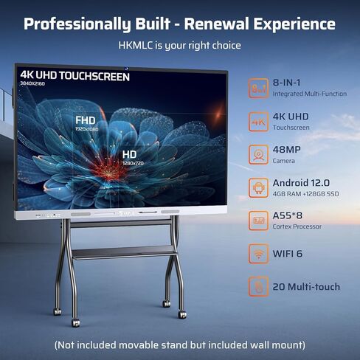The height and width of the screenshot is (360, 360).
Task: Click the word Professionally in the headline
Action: [77, 24]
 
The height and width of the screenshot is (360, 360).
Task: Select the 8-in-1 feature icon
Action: [258, 89]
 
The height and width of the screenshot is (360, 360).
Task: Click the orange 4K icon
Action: [258, 122]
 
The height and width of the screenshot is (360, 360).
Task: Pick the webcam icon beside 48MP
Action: [258, 155]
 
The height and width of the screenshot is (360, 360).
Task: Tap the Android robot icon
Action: [258, 188]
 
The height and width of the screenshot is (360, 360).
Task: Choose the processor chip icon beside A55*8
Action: [258, 221]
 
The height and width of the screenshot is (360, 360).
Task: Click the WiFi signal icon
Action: [258, 254]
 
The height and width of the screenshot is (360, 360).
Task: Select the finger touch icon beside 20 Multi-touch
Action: [258, 286]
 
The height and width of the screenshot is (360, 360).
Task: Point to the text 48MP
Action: [286, 150]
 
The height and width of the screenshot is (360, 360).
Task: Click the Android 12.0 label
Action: [301, 183]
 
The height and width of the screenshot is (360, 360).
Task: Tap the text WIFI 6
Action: [288, 254]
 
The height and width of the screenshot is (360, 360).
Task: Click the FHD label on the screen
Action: [86, 120]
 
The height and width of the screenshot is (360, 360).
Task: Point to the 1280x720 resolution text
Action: [133, 163]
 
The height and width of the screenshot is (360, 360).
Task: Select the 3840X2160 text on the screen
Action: [32, 83]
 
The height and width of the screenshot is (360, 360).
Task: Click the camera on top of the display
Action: [127, 69]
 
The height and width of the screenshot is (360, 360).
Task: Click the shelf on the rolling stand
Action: [124, 252]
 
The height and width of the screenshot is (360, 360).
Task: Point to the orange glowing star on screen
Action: [218, 114]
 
